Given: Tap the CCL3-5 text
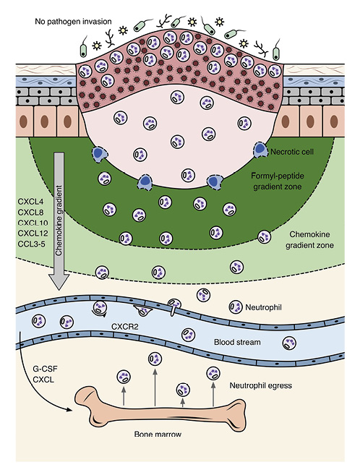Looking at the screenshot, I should tap(31, 245).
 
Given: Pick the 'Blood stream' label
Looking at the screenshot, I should tap(244, 344).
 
